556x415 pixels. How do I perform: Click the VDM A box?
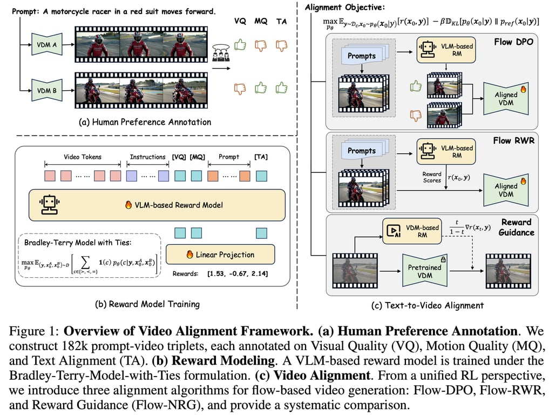pos(47,44)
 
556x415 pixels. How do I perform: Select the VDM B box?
pos(47,90)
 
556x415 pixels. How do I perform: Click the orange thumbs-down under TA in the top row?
pos(282,45)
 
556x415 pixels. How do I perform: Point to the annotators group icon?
pos(221,52)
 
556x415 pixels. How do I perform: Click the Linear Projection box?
pos(220,254)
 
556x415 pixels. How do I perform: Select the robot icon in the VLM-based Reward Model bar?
pos(49,205)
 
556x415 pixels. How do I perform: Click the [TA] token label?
pos(261,157)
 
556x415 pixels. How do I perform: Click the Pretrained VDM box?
pos(424,271)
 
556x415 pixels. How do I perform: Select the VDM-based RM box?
pos(412,231)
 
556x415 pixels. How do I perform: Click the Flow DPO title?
pos(513,42)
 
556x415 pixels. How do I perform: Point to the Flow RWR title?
pos(513,140)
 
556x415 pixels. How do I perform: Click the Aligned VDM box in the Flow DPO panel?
pos(506,98)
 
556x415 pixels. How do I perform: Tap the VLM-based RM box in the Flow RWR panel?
pos(446,152)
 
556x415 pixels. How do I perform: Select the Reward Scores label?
pos(431,177)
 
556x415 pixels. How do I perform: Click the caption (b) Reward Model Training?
pos(147,304)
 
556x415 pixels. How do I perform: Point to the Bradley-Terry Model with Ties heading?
pos(78,243)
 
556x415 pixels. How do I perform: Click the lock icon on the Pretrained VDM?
pos(443,259)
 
